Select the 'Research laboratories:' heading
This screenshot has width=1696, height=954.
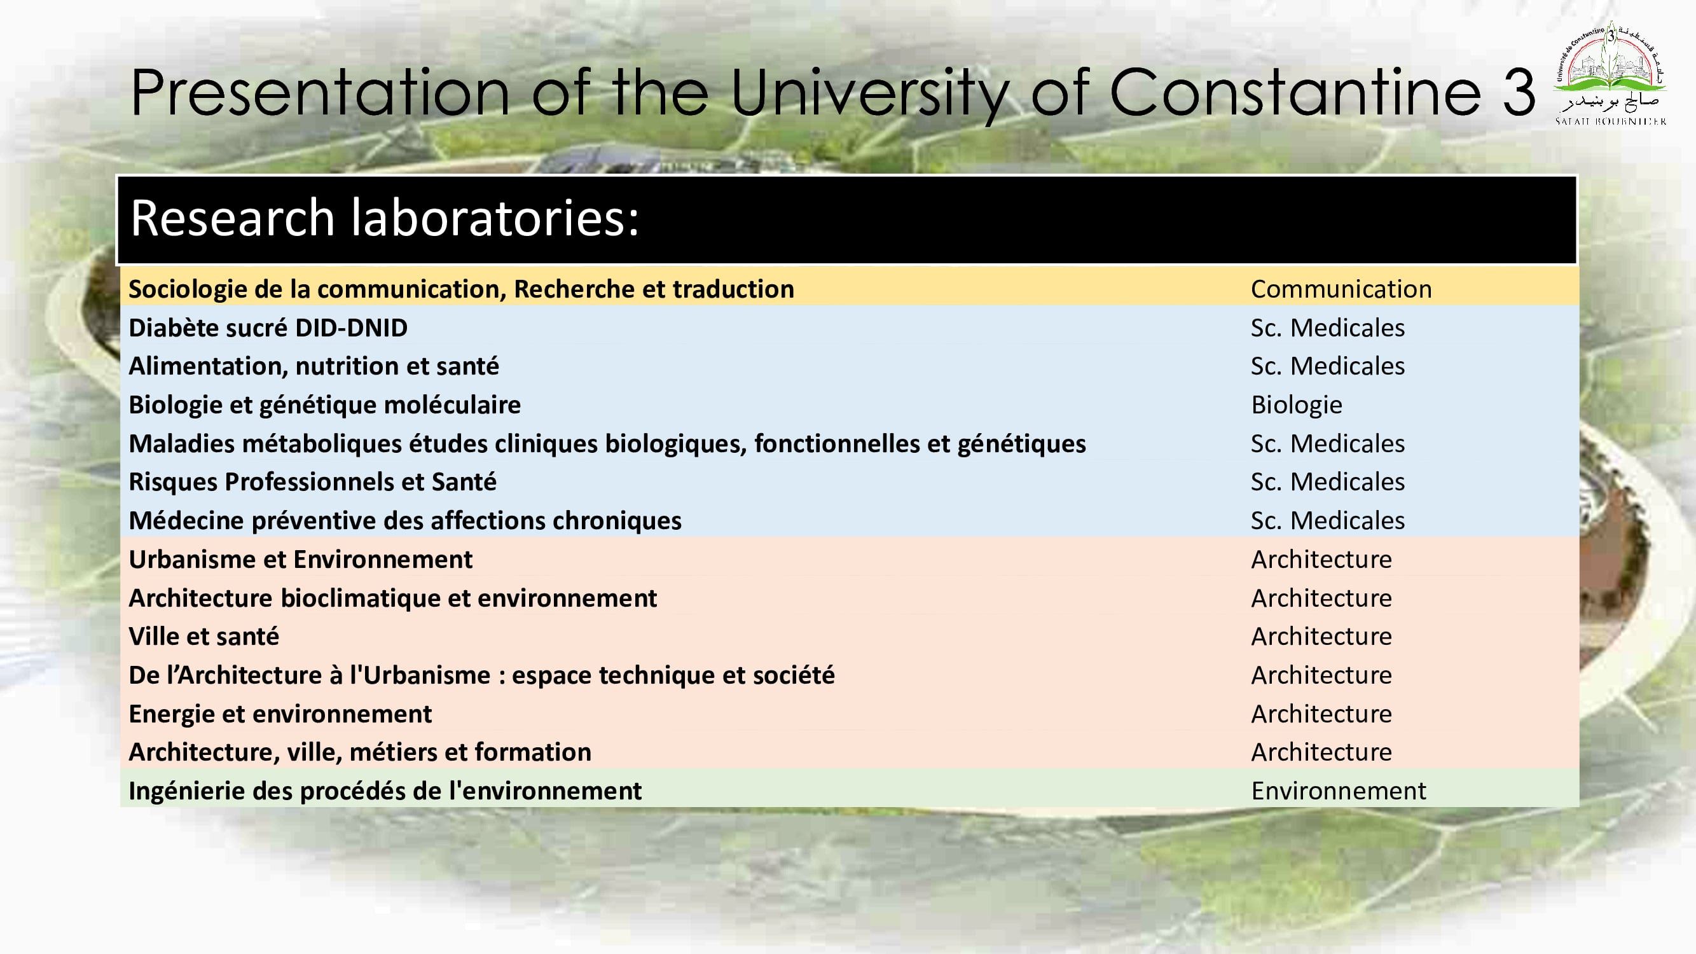(x=385, y=218)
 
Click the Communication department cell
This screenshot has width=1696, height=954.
(x=1341, y=289)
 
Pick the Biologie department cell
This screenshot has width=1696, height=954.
(x=1297, y=405)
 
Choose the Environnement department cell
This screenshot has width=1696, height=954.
(x=1339, y=791)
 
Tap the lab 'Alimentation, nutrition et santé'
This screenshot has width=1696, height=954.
(x=314, y=366)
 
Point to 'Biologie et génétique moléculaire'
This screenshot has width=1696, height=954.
(x=324, y=405)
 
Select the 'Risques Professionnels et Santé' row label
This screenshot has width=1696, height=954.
(x=313, y=482)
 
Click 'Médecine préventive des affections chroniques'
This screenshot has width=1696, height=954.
(x=405, y=521)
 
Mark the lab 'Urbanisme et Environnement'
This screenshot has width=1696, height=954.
(x=300, y=560)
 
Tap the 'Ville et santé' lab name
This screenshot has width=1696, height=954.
(x=203, y=637)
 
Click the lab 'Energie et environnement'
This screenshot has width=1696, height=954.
(x=280, y=714)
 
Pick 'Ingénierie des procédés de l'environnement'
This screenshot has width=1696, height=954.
(x=385, y=791)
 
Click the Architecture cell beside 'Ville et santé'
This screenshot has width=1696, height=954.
(x=1321, y=637)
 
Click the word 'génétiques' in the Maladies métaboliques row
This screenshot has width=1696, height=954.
(x=1021, y=444)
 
